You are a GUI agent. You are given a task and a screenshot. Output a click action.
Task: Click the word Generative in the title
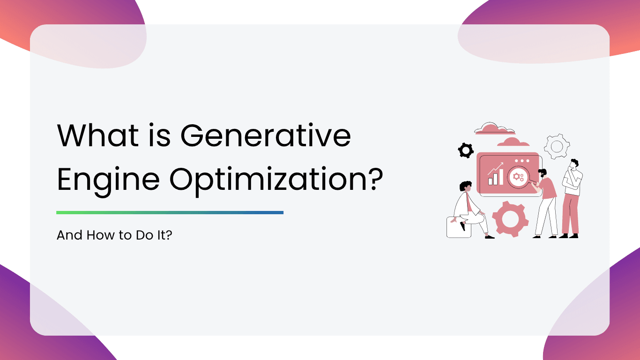[x=266, y=135]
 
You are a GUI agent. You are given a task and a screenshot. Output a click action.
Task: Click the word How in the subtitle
[x=101, y=235]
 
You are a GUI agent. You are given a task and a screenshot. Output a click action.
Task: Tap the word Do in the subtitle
[x=145, y=235]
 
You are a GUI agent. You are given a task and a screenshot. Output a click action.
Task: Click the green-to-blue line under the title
[x=170, y=212]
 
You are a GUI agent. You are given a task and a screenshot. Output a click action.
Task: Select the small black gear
[x=466, y=150]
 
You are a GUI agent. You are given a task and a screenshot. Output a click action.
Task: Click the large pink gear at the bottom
[x=510, y=219]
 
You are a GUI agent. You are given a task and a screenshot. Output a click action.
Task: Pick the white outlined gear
[x=557, y=146]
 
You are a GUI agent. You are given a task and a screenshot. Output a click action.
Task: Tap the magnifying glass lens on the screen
[x=518, y=177]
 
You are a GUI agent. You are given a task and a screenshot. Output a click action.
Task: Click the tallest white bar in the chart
[x=501, y=176]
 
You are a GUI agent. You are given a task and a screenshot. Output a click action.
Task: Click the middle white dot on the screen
[x=522, y=161]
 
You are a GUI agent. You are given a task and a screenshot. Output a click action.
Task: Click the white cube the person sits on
[x=459, y=227]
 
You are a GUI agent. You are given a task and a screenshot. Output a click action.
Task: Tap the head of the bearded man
[x=542, y=173]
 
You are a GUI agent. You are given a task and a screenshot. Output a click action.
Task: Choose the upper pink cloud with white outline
[x=494, y=129]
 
